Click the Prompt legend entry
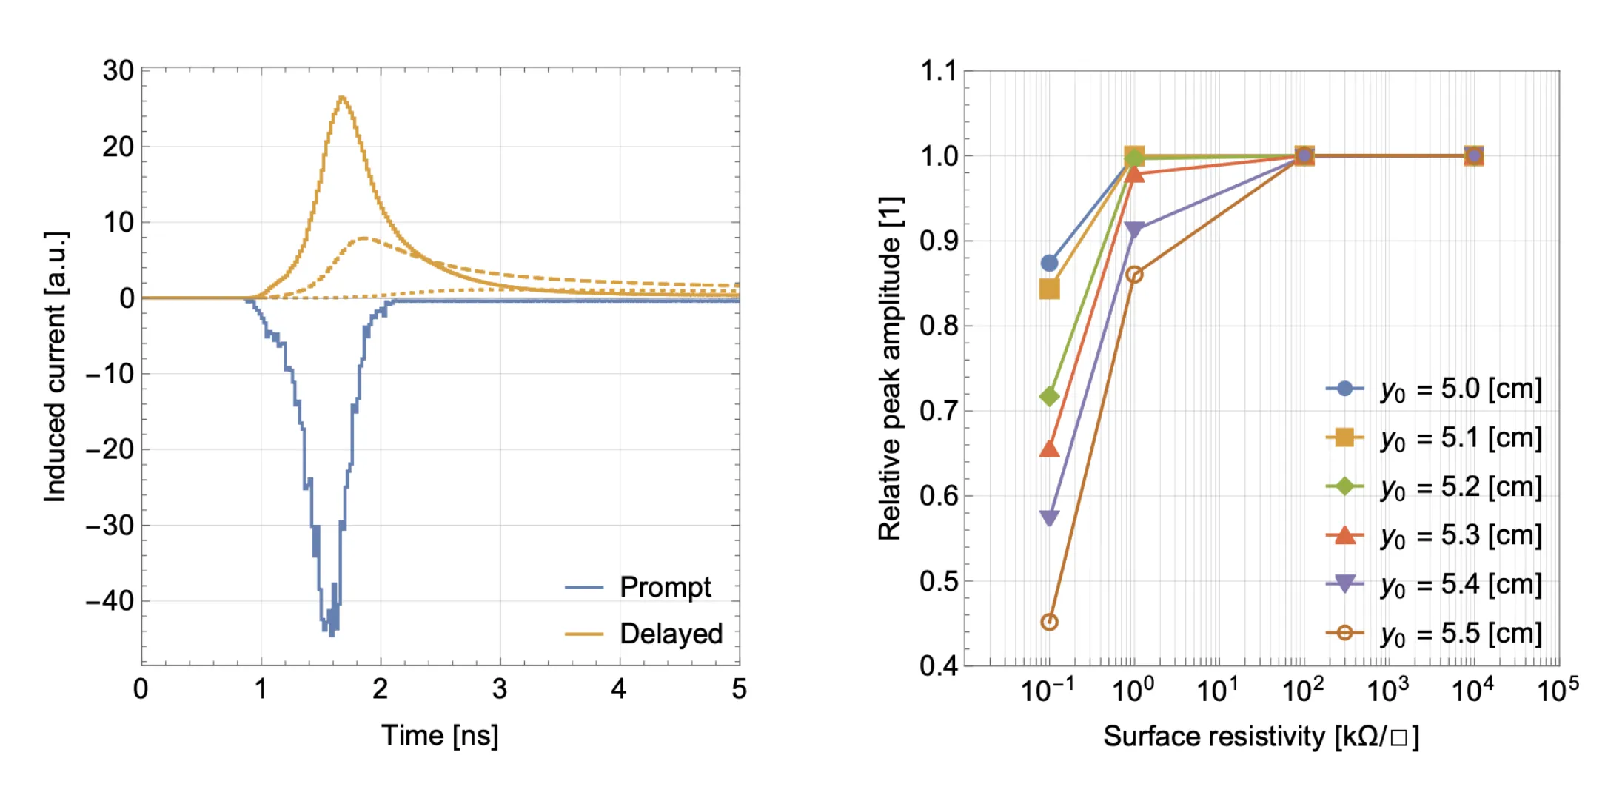click(x=637, y=587)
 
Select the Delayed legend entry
click(x=643, y=634)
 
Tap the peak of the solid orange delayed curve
click(x=341, y=97)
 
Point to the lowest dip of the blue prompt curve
click(x=331, y=633)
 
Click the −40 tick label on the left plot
click(x=109, y=600)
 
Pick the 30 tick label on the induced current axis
click(x=118, y=71)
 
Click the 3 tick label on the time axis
click(x=500, y=689)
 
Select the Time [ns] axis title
click(x=440, y=736)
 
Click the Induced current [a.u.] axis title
click(x=56, y=367)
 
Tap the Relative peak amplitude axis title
click(x=890, y=369)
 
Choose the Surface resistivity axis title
click(x=1261, y=737)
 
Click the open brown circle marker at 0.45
click(x=1049, y=622)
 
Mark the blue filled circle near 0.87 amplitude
click(x=1049, y=263)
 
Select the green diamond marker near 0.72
click(x=1049, y=397)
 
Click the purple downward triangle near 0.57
click(x=1049, y=518)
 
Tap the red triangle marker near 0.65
click(x=1049, y=449)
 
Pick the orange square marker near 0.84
click(x=1049, y=289)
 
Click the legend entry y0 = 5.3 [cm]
click(x=1434, y=535)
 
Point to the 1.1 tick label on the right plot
click(x=939, y=72)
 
